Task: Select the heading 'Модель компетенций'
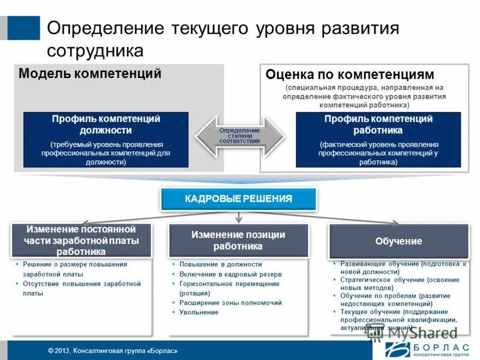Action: [90, 74]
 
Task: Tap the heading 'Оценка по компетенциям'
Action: [349, 74]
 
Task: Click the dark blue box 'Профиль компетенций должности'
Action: [106, 139]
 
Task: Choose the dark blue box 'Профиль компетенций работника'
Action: [378, 139]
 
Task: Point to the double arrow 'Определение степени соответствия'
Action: [239, 136]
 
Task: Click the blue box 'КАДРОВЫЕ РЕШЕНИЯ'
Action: [238, 199]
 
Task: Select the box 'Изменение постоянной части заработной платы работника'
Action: [81, 241]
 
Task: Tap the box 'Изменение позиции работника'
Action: [238, 241]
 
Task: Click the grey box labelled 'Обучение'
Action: [398, 241]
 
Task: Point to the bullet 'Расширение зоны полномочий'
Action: [230, 303]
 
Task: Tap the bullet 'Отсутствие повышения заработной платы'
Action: [81, 289]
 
